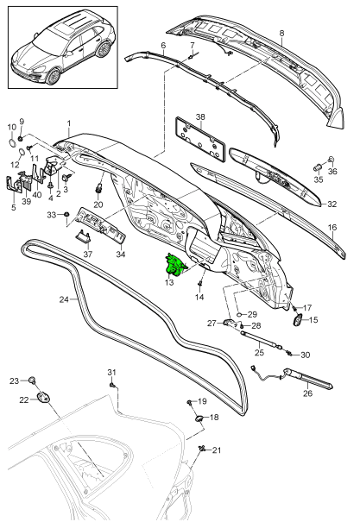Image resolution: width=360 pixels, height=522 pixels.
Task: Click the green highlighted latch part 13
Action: tap(176, 266)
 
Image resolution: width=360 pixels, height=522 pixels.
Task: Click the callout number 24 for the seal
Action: tap(63, 300)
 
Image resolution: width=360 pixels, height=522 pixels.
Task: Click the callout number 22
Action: tap(24, 399)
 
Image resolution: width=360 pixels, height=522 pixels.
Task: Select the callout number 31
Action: tap(111, 372)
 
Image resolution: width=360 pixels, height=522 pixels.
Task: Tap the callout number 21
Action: tap(217, 450)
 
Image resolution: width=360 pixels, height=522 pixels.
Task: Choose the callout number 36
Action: tap(334, 171)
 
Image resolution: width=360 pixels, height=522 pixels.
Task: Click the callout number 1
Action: tap(69, 124)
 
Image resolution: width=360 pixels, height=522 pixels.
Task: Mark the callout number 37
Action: tap(86, 255)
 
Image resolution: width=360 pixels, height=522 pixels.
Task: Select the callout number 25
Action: tap(257, 353)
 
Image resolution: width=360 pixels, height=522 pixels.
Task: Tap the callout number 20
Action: tap(98, 204)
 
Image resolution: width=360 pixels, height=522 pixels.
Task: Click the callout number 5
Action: tap(12, 207)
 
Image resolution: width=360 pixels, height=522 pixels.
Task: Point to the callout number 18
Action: tap(215, 418)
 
